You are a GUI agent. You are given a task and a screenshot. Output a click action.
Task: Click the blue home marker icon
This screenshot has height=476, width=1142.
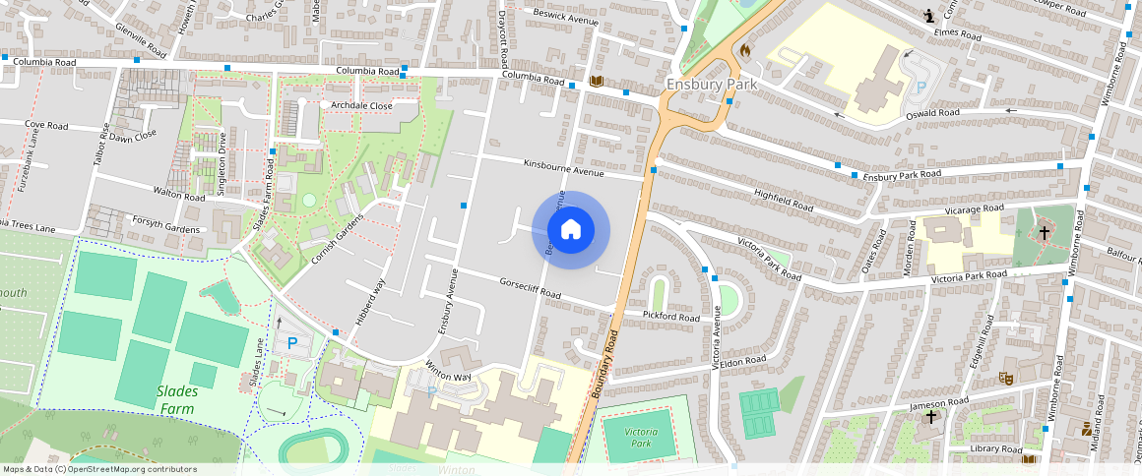(x=571, y=230)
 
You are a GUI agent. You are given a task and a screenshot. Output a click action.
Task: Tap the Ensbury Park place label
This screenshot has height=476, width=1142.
(x=711, y=85)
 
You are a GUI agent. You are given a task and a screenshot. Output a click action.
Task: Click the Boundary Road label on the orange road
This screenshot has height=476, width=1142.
(x=605, y=363)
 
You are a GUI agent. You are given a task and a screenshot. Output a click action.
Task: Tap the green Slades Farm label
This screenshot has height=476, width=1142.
(x=176, y=400)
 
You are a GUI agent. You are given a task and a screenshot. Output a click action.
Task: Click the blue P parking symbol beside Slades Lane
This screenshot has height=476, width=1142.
(x=291, y=343)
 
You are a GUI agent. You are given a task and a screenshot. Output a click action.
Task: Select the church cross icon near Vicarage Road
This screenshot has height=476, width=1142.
(x=1045, y=233)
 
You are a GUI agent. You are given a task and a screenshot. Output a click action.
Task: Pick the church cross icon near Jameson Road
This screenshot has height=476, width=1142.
(x=931, y=417)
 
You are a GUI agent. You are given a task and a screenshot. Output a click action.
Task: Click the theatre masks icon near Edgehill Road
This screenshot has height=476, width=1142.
(x=1006, y=378)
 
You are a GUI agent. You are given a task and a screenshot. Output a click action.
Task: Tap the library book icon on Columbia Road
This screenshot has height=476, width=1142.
(x=596, y=82)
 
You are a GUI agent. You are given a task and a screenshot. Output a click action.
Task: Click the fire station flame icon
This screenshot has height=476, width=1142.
(x=745, y=48)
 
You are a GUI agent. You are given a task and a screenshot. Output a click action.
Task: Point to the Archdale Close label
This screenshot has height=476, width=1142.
(x=361, y=105)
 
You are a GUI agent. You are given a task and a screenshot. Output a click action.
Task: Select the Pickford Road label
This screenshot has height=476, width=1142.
(x=670, y=318)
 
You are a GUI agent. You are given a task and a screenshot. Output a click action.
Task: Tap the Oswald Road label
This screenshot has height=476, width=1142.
(x=932, y=113)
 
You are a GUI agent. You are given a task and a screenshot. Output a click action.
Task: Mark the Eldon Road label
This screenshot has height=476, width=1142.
(x=742, y=361)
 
